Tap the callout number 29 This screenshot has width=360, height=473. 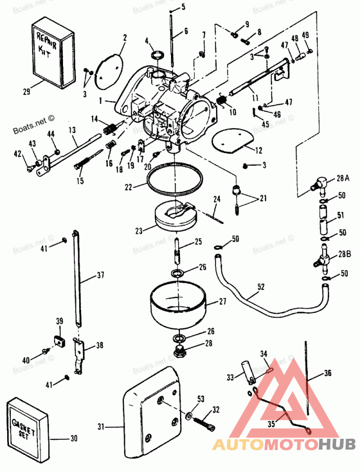click(x=27, y=92)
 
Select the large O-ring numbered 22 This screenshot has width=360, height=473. click(x=174, y=180)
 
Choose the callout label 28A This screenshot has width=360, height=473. click(x=343, y=179)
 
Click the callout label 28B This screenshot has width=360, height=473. click(x=343, y=254)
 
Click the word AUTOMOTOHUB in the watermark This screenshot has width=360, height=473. click(x=284, y=445)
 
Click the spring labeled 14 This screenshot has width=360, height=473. click(x=109, y=129)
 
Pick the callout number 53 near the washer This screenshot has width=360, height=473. click(x=200, y=398)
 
